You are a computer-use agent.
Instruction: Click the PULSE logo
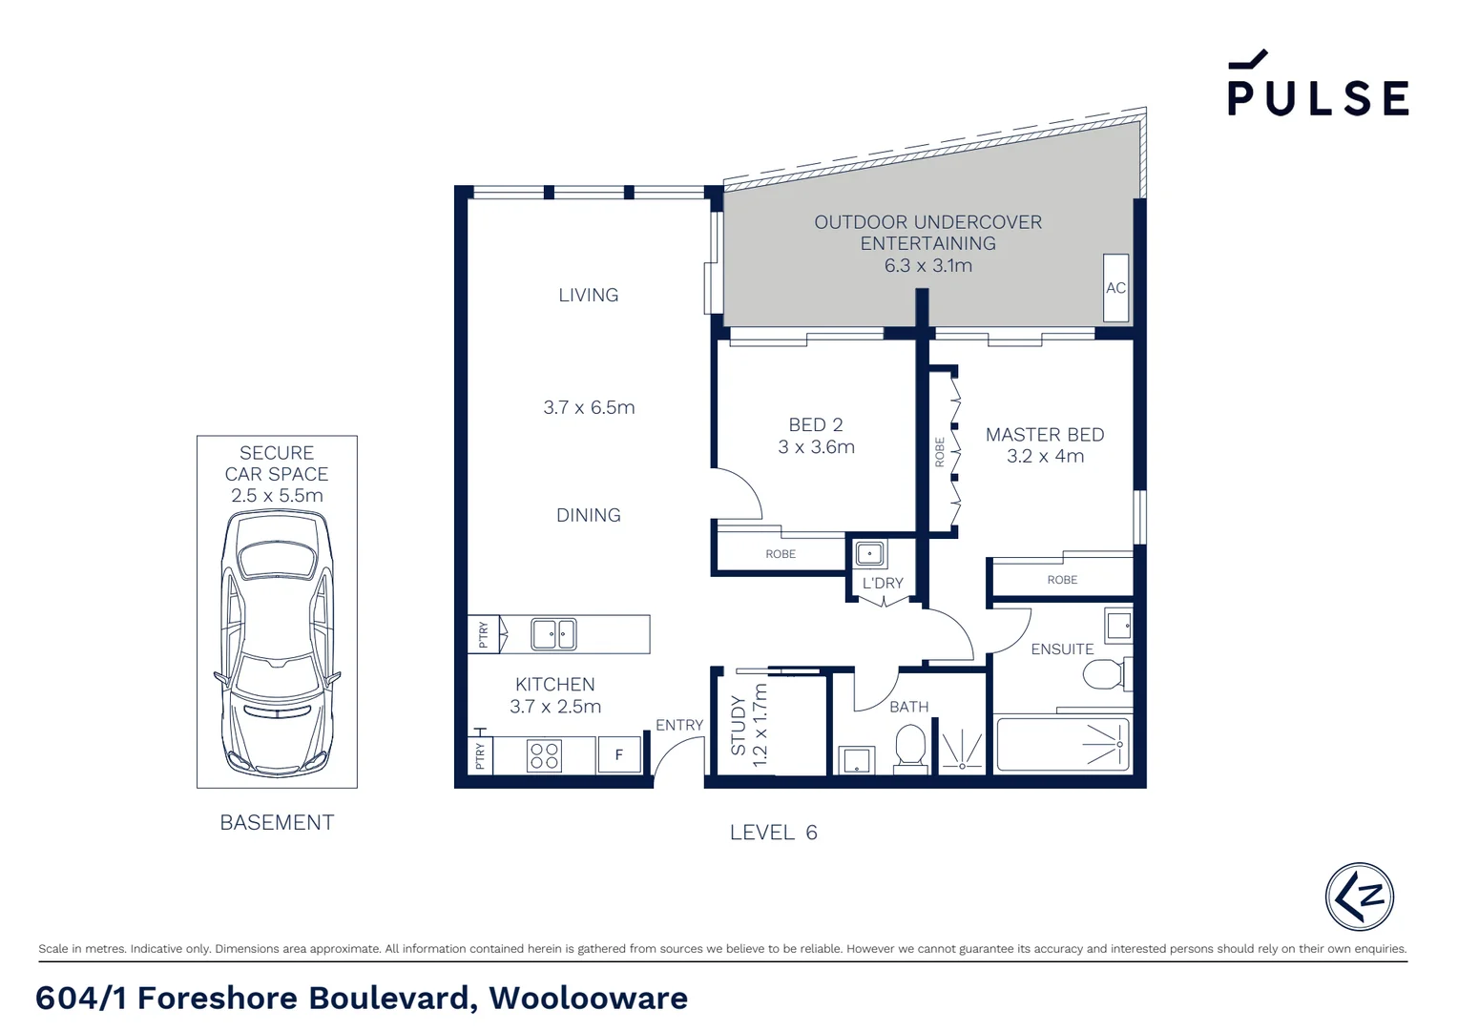point(1317,86)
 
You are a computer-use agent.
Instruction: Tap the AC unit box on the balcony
point(1115,287)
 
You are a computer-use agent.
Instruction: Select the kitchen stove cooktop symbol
point(544,756)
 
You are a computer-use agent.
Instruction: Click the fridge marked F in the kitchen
point(618,755)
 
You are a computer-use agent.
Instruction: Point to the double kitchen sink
point(553,634)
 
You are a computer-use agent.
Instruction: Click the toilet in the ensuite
point(1105,674)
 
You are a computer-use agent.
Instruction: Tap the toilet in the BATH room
point(910,747)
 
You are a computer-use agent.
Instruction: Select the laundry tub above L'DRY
point(869,553)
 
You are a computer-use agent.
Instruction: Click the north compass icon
point(1359,896)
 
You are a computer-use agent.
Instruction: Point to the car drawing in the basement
point(277,644)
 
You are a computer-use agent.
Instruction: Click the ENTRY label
point(678,725)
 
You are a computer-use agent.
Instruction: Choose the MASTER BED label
point(1045,435)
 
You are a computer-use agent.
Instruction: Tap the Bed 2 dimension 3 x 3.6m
point(816,447)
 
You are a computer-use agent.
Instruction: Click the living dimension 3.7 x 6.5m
point(589,407)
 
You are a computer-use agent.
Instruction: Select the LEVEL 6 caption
point(773,833)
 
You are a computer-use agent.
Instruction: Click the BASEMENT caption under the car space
point(277,822)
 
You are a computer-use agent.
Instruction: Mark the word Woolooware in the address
point(588,998)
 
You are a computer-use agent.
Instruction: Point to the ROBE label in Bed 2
point(780,554)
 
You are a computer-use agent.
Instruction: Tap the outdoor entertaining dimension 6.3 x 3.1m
point(927,266)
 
